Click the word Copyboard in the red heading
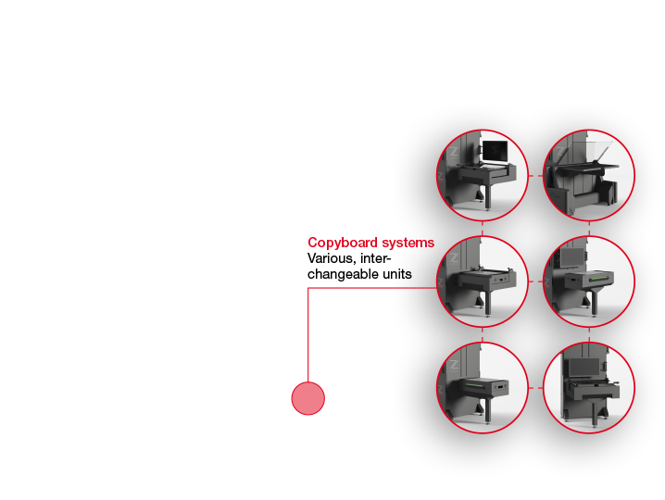[343, 243]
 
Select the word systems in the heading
[408, 243]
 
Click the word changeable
[343, 274]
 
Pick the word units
[397, 274]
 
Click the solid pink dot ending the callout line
[308, 398]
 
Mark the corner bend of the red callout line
[308, 288]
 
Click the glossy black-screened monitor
[495, 152]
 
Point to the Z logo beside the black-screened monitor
[454, 152]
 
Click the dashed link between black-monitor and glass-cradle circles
[536, 176]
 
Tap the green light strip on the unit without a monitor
[474, 385]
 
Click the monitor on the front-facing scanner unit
[584, 368]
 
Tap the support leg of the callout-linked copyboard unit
[487, 302]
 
